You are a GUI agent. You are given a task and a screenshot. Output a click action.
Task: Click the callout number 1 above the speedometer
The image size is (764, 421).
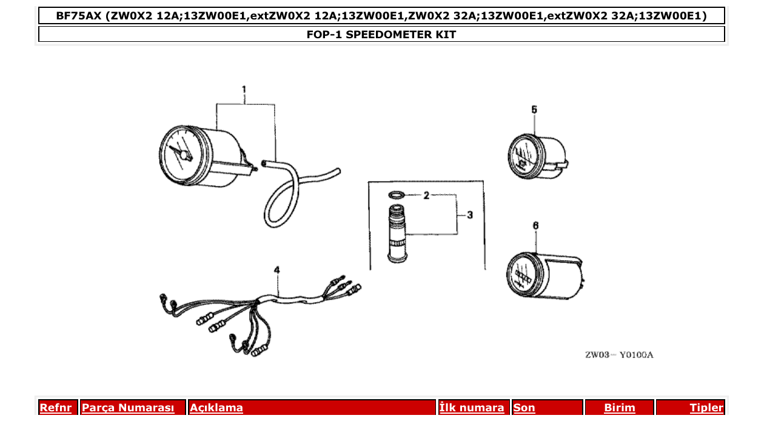244,90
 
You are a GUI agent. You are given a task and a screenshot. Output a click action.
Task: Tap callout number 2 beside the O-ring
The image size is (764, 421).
426,195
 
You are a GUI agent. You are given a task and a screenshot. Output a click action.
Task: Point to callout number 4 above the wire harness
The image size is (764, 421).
277,269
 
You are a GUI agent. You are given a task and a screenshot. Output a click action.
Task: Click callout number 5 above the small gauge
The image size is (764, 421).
534,109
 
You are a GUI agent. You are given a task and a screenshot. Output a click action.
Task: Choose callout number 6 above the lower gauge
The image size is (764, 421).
535,225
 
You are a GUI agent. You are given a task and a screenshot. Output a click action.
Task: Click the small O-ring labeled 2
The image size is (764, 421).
397,195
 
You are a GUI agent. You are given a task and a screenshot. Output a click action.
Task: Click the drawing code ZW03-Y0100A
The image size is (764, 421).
618,355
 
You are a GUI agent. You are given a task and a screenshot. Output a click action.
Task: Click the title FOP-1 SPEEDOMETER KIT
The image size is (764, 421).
381,35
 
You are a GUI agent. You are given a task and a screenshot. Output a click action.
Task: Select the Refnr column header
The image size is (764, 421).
55,408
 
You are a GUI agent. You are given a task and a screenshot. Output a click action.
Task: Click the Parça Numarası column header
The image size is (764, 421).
128,408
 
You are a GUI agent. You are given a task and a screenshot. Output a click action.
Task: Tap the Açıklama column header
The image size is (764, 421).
216,408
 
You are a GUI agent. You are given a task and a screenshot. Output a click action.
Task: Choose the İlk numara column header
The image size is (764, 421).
472,408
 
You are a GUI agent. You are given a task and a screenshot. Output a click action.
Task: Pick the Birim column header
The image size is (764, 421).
619,408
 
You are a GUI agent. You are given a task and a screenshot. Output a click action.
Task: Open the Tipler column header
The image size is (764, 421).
706,408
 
